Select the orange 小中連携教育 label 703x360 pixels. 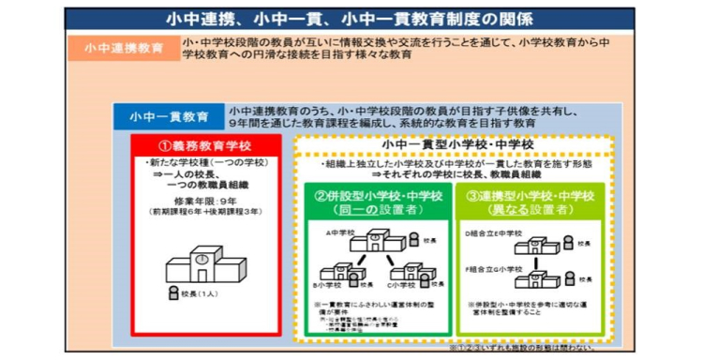pos(127,49)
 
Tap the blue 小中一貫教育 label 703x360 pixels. pos(169,117)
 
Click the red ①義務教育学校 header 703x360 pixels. pos(205,146)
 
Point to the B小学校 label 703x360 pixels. pos(330,284)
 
